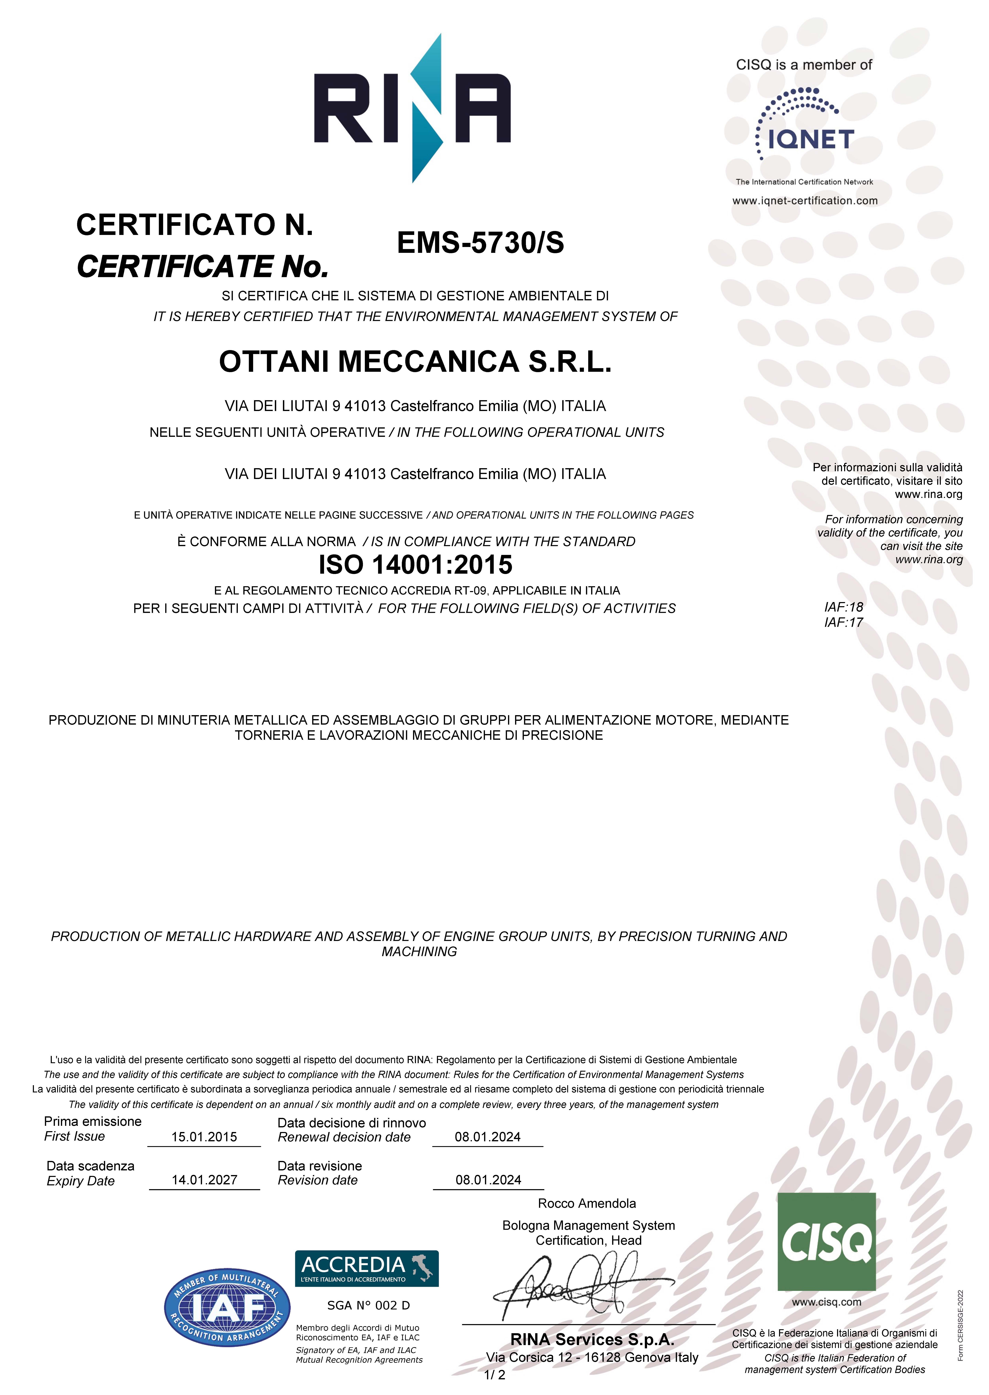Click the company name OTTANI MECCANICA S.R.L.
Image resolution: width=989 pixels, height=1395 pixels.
point(415,362)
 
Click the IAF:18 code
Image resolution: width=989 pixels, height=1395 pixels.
point(843,607)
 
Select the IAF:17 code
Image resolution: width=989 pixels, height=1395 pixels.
point(843,622)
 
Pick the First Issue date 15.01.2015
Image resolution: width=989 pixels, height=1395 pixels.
point(204,1137)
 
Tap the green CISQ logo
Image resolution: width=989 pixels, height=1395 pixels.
point(826,1242)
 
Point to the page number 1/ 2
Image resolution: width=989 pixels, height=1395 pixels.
point(495,1375)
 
